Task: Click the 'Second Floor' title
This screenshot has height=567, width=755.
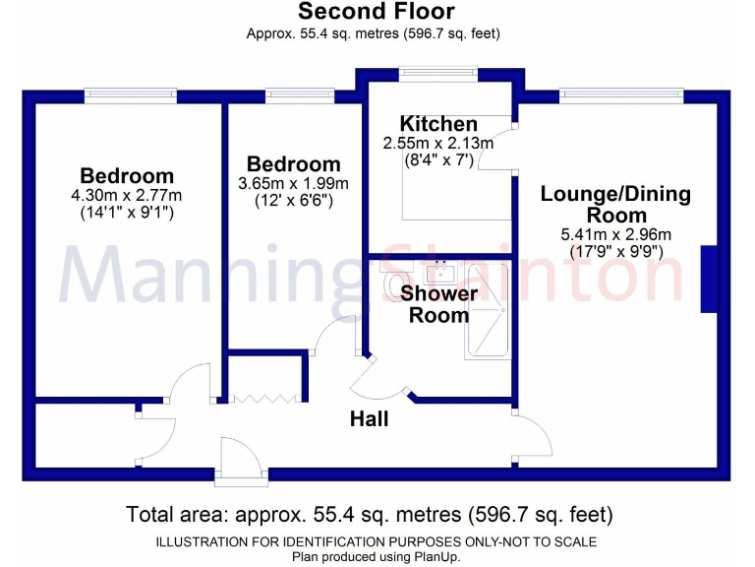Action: tap(377, 12)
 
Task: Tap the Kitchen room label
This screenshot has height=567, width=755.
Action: tap(438, 124)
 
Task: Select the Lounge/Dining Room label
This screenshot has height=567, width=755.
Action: tap(615, 205)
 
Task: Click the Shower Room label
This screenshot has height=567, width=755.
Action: tap(439, 304)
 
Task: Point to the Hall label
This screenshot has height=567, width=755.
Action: tap(370, 419)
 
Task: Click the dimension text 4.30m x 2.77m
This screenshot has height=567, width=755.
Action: tap(128, 195)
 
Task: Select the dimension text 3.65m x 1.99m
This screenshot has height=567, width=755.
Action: tap(293, 183)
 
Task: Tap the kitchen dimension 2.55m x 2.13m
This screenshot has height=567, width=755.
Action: tap(438, 143)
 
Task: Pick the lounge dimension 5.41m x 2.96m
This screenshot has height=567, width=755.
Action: tap(615, 234)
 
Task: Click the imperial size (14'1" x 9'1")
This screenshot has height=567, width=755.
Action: tap(128, 212)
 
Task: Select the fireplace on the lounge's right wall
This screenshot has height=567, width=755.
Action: tap(708, 280)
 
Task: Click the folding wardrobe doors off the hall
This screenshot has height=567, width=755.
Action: tap(263, 399)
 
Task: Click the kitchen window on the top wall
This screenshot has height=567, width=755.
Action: tap(438, 71)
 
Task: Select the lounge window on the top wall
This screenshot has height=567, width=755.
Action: tap(621, 95)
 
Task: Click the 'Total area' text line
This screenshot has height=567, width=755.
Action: tap(370, 514)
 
